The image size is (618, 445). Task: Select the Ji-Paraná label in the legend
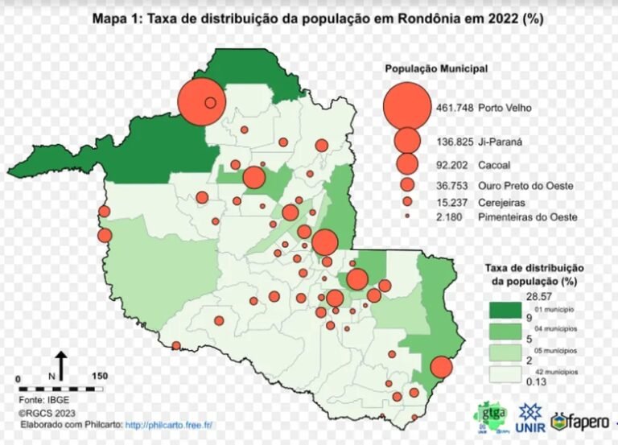[501, 142]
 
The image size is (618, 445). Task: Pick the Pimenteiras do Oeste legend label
[526, 217]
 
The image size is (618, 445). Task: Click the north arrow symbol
[62, 364]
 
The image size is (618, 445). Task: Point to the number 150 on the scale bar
[100, 377]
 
